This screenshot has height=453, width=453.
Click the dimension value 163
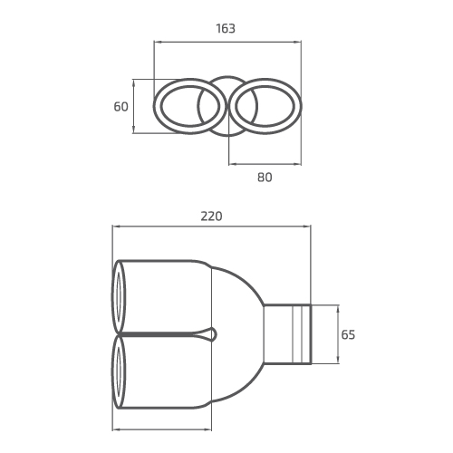point(226,28)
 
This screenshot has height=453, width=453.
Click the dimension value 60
point(121,107)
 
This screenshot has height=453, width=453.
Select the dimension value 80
point(265,178)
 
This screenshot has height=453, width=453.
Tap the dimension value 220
point(211,217)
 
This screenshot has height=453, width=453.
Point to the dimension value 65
point(348,334)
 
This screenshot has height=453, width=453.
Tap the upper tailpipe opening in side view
point(119,296)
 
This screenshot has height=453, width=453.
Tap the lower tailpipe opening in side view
point(119,372)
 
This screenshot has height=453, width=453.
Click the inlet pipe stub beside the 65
point(288,334)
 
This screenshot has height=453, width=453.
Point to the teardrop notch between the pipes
point(212,334)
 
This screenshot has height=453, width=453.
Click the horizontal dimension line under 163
point(226,41)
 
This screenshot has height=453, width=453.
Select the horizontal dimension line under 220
point(211,227)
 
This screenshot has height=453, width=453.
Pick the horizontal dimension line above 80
point(264,164)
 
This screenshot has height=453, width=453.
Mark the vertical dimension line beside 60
point(134,107)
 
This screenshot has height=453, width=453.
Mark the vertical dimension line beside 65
point(336,334)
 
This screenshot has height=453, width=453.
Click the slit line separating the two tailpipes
point(163,334)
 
